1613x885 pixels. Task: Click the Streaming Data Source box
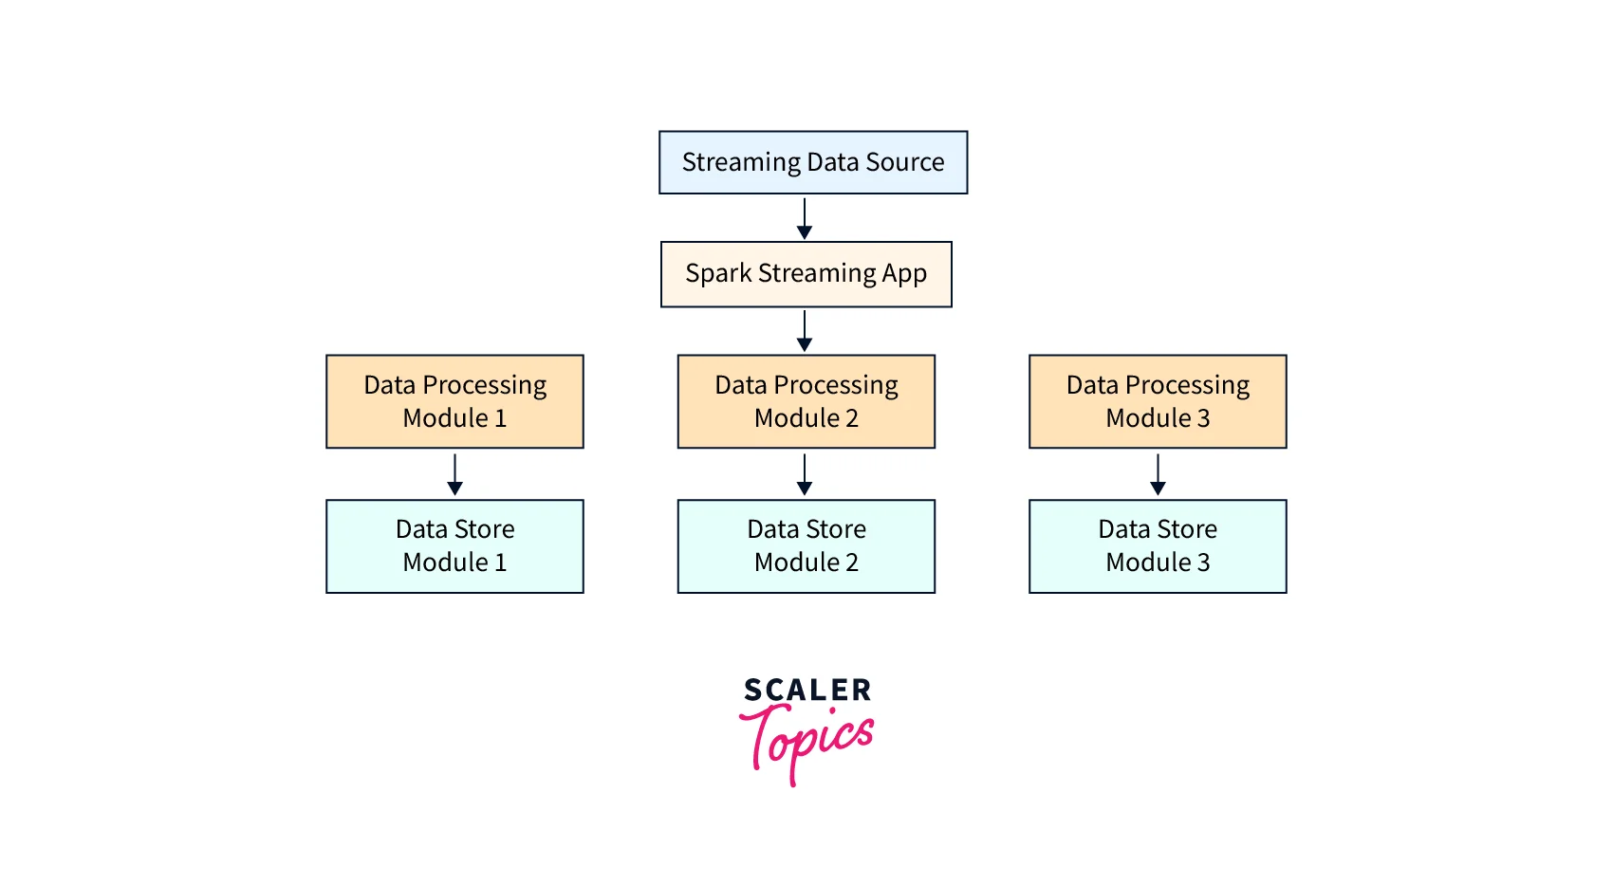[x=813, y=162]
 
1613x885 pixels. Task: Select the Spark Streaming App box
[x=806, y=274]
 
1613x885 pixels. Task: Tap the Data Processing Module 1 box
[x=454, y=401]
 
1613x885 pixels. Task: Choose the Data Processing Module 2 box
[x=806, y=401]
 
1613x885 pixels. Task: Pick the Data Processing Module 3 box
[x=1158, y=401]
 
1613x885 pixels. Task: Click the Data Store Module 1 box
[x=454, y=546]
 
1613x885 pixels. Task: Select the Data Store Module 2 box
[x=806, y=546]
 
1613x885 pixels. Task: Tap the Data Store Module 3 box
[x=1158, y=546]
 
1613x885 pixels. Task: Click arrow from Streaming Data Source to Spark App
[x=805, y=218]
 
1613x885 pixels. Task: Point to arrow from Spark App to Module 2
[x=805, y=330]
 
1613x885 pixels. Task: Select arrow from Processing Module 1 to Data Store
[x=455, y=473]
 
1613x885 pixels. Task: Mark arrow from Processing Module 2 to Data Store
[x=805, y=473]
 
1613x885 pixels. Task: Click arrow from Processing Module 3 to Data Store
[x=1158, y=473]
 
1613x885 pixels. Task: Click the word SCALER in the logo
[x=807, y=690]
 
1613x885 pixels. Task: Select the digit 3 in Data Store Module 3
[x=1203, y=562]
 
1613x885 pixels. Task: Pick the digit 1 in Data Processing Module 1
[x=500, y=418]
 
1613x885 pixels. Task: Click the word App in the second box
[x=904, y=274]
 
